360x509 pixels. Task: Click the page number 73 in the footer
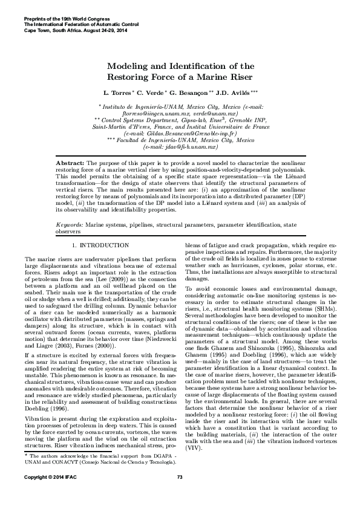click(180, 495)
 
